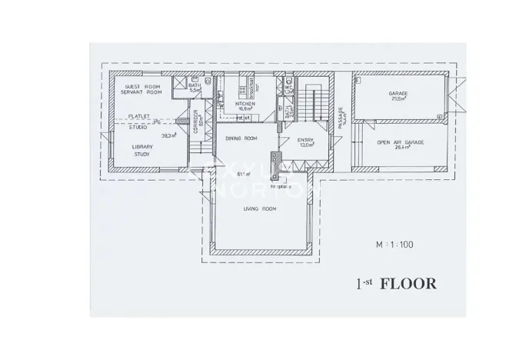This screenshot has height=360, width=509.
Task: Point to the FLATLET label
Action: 138,115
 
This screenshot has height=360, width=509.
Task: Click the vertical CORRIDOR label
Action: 196,122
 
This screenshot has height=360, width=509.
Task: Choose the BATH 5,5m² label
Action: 195,87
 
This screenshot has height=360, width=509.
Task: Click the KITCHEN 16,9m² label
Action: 245,105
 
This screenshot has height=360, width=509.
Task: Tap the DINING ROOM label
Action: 240,138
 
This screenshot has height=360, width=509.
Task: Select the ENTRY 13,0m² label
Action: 305,142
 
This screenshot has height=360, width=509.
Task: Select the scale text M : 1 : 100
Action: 394,245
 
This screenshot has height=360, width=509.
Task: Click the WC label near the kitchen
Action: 288,88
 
